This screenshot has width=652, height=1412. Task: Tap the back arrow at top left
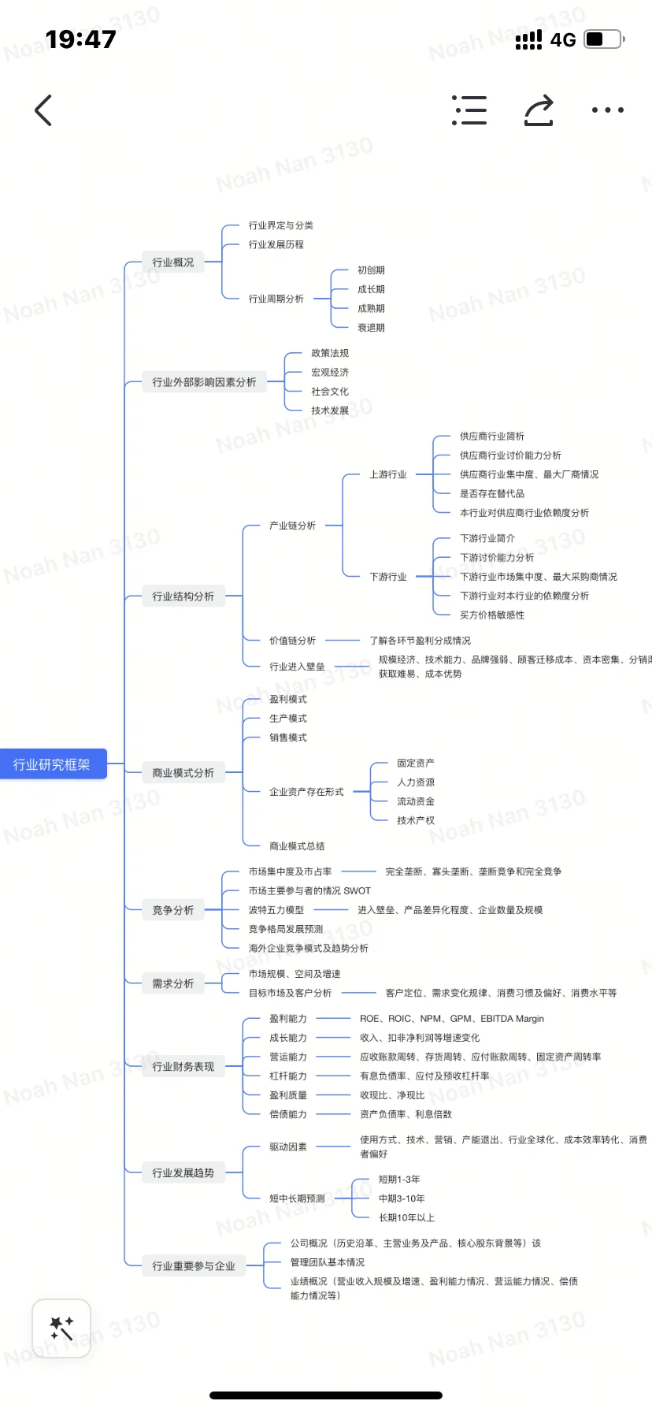click(x=44, y=110)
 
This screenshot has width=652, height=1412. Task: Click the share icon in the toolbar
click(x=539, y=110)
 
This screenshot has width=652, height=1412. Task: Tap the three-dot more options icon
click(x=607, y=110)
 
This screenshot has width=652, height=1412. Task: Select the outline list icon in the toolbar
click(x=469, y=110)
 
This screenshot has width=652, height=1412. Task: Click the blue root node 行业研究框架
click(x=52, y=764)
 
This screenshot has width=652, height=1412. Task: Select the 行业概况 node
click(x=173, y=262)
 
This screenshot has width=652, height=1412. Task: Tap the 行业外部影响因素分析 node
click(x=204, y=382)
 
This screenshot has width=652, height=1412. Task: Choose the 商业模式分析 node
click(x=183, y=773)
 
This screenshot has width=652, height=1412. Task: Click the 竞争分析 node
click(x=173, y=910)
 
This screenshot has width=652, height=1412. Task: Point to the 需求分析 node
click(x=173, y=983)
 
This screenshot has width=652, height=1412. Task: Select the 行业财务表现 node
click(x=183, y=1067)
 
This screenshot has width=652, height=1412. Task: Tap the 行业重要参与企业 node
click(x=194, y=1266)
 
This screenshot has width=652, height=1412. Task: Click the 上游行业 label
click(x=388, y=474)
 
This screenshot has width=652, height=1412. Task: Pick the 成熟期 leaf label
click(x=371, y=309)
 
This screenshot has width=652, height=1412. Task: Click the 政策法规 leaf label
click(x=330, y=353)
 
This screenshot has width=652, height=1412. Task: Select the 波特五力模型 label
click(x=276, y=910)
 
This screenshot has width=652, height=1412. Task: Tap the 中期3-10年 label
click(x=402, y=1198)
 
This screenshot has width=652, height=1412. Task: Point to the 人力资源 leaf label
click(x=416, y=782)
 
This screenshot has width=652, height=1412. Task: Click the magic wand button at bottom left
click(x=61, y=1328)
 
